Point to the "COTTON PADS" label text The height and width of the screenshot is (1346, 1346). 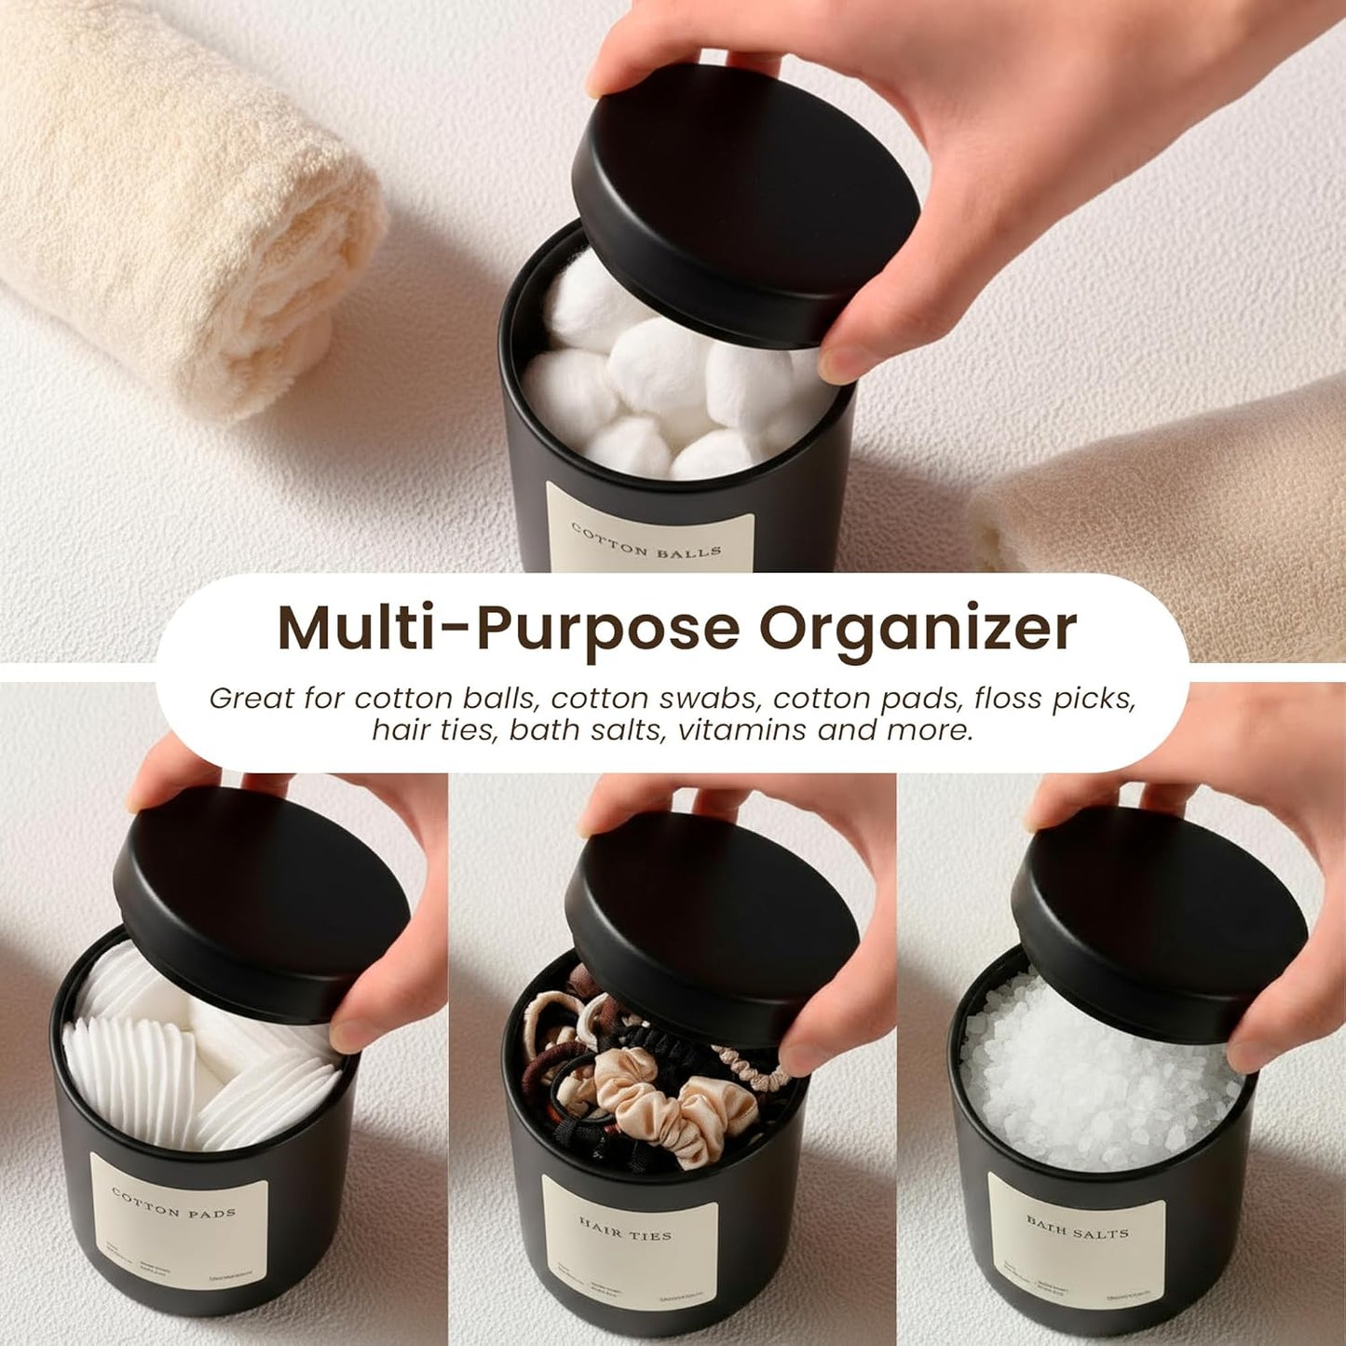(173, 1203)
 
